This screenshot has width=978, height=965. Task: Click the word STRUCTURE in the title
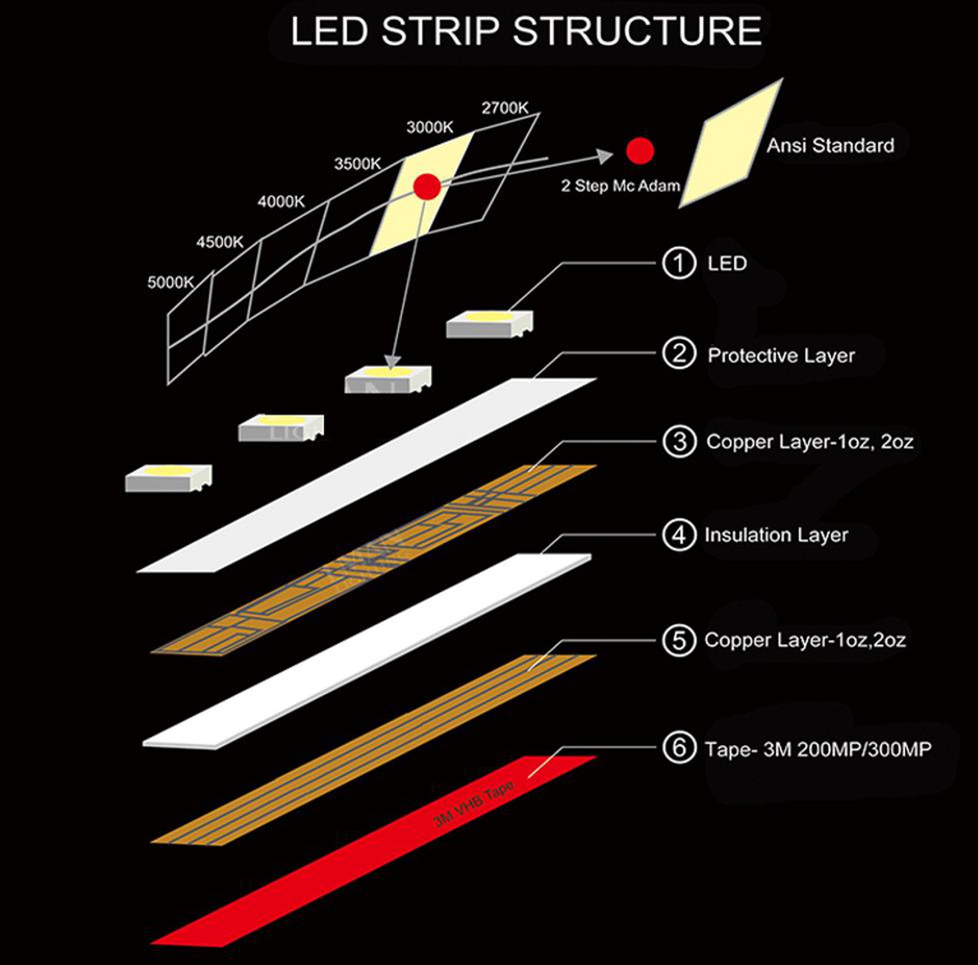point(637,32)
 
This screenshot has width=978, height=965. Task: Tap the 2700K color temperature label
point(504,108)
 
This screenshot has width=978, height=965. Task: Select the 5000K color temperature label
point(171,282)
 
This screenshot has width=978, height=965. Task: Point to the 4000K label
point(281,202)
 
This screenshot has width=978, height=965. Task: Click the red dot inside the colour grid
point(427,186)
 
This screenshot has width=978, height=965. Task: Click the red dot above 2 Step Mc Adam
point(640,150)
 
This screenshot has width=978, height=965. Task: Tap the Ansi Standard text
point(830,145)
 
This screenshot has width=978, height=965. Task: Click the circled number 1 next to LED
point(679,263)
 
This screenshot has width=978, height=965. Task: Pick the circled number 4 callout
point(679,535)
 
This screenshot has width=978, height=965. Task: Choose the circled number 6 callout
point(679,748)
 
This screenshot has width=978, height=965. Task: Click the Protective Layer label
point(781,355)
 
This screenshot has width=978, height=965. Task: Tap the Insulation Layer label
point(776,535)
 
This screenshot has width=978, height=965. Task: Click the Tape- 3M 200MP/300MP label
point(817,749)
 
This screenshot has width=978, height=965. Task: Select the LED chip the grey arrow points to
point(388,379)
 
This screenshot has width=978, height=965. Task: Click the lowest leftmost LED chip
point(168,478)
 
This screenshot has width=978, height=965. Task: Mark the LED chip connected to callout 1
point(489,324)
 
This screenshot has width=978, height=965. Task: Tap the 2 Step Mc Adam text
point(620,186)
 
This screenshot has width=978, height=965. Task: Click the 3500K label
point(357,164)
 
